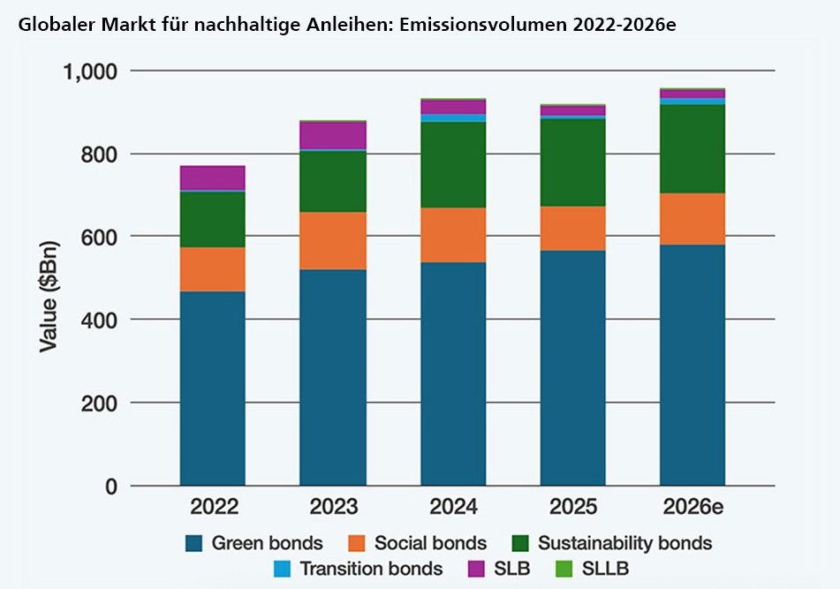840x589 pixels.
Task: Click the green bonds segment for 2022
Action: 212,389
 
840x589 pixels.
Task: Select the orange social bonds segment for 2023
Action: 333,241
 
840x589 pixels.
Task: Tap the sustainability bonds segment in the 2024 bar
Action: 453,164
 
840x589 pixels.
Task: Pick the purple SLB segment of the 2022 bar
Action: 212,177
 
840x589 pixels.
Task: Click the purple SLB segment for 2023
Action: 333,135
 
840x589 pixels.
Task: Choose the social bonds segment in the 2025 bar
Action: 572,229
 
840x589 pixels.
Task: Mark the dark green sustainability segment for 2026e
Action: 692,148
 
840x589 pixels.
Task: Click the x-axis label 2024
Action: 453,507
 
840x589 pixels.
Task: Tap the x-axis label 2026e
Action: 692,507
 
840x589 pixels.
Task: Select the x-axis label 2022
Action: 212,507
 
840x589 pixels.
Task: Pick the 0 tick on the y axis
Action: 111,486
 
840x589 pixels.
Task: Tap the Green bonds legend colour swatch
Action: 194,542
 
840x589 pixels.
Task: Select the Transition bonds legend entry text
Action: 371,569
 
